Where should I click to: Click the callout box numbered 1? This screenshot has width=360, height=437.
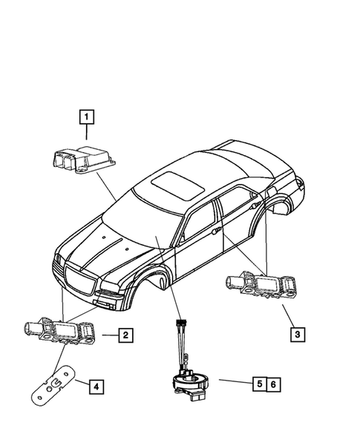point(88,116)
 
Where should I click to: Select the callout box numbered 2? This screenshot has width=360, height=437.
point(126,336)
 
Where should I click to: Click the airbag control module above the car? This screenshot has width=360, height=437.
point(81,161)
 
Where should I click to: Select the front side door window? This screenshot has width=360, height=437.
point(199,219)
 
